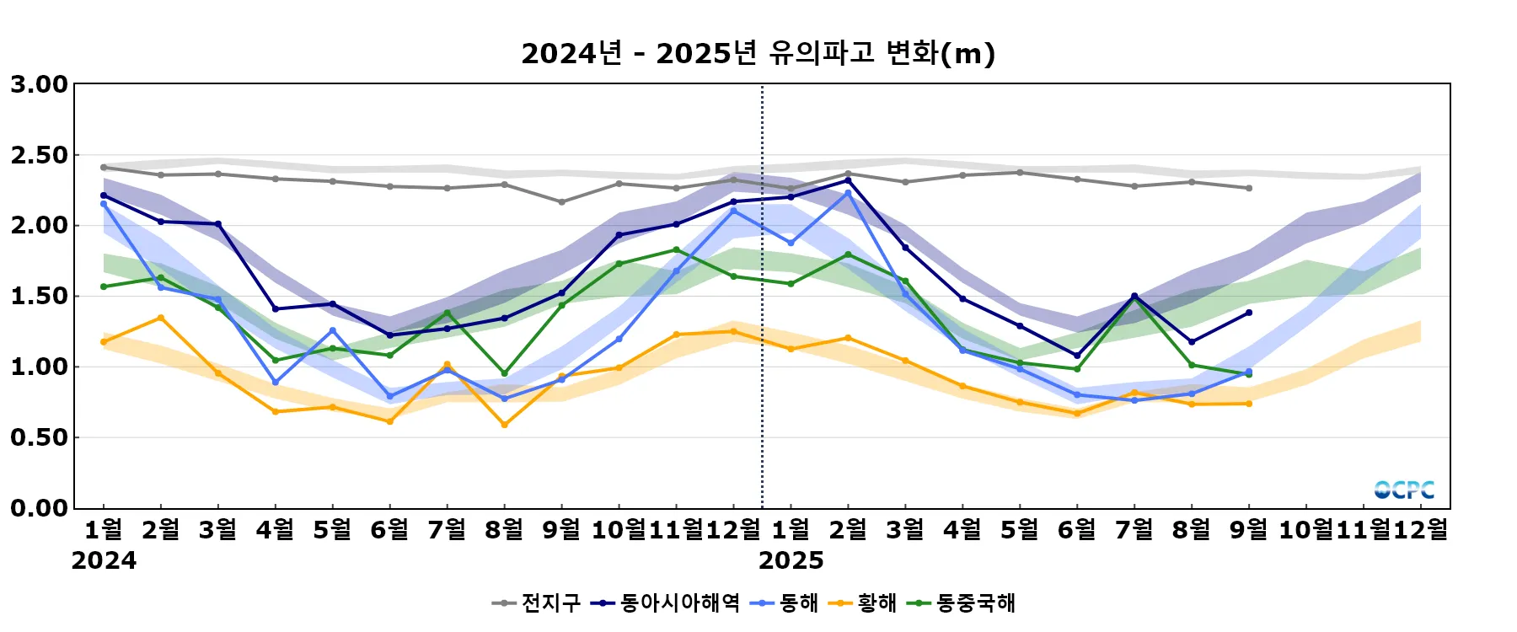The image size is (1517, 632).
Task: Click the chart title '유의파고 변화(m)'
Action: tap(758, 54)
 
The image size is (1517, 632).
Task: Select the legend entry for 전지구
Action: tap(537, 603)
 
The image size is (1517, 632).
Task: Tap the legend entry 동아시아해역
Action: tap(665, 603)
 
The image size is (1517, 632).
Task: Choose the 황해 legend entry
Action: tap(863, 603)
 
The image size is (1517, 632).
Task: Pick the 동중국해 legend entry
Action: tap(962, 603)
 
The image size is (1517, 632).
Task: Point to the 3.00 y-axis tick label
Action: tap(39, 84)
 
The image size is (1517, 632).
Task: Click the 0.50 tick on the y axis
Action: tap(39, 437)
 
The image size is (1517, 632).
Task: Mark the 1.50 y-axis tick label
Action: tap(39, 297)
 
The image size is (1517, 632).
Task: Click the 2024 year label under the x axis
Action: tap(104, 560)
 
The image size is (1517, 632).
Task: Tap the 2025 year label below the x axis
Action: tap(791, 560)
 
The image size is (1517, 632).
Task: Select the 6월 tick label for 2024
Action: tap(389, 530)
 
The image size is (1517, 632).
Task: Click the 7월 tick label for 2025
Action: tap(1134, 530)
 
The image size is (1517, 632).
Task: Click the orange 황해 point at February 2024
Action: tap(161, 318)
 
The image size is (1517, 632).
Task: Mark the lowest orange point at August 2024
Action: tap(504, 425)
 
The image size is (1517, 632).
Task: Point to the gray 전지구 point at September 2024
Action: tap(561, 202)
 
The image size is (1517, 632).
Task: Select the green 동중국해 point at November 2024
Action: tap(676, 249)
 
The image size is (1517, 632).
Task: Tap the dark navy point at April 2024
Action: tap(276, 308)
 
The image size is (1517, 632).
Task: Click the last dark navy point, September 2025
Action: tap(1248, 313)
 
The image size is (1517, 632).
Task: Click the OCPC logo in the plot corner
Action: tap(1403, 490)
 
